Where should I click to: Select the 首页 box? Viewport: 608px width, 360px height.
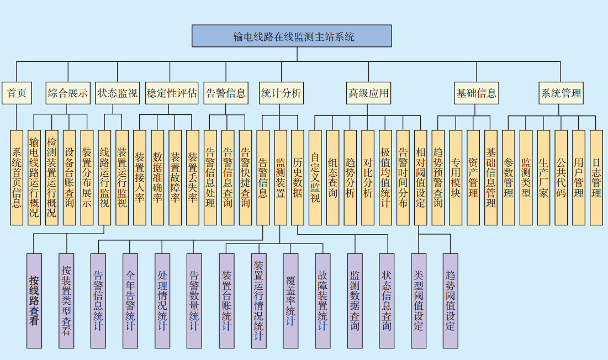[17, 93]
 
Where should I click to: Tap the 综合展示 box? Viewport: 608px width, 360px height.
[68, 93]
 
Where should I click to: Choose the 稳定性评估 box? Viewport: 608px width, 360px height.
[171, 93]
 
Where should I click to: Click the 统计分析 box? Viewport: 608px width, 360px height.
[281, 93]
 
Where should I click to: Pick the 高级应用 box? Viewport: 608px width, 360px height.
[368, 93]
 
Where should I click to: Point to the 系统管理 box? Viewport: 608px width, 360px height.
[561, 93]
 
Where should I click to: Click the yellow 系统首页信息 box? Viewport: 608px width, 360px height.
[17, 178]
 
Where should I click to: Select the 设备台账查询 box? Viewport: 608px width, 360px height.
[70, 178]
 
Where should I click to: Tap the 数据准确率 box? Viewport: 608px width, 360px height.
[157, 178]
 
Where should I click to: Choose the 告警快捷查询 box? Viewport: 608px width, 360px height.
[245, 178]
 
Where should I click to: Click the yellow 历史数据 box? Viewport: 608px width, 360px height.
[298, 178]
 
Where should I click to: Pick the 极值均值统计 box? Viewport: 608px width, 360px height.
[385, 178]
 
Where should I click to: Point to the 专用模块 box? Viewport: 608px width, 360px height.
[456, 178]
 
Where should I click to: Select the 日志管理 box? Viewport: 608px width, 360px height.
[596, 178]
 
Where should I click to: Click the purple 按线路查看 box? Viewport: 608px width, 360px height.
[34, 300]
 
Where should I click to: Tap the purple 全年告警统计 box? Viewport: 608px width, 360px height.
[130, 300]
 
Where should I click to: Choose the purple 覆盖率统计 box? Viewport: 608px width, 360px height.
[290, 300]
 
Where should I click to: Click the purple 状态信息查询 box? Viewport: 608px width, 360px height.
[387, 300]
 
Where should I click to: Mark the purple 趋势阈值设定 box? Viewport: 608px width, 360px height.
[451, 300]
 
